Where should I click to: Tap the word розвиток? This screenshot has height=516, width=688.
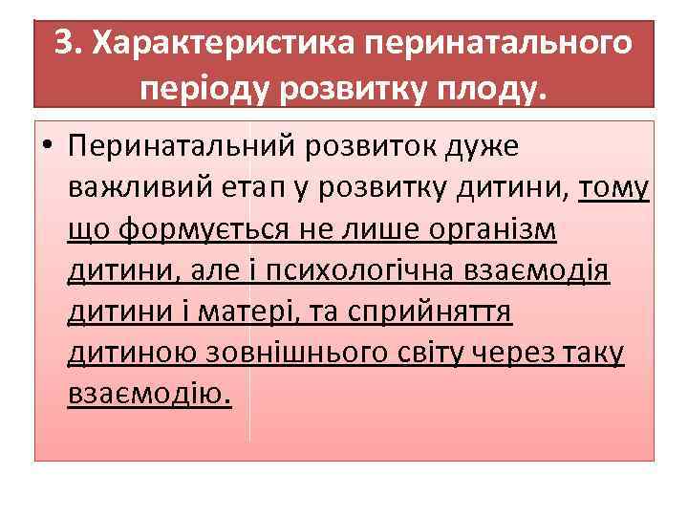375,147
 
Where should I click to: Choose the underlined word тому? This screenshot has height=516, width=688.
613,188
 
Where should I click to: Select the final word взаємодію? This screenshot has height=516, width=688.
149,394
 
